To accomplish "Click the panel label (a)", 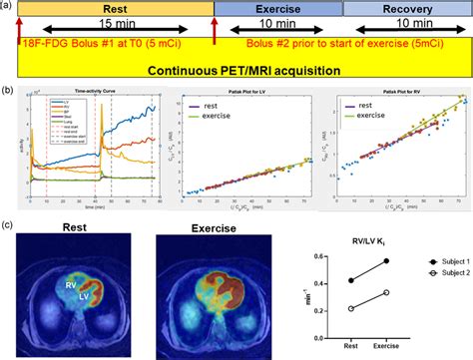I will point(10,7).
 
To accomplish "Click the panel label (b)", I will point(10,91).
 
